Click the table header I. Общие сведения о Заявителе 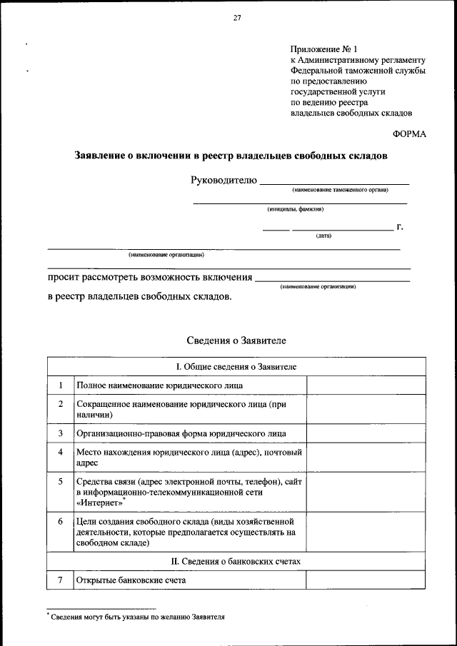(236, 366)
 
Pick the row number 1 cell (61, 385)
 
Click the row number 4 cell (61, 453)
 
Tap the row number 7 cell (61, 580)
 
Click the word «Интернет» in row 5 (99, 503)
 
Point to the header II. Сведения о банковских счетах (236, 562)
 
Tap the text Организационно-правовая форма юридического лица (181, 433)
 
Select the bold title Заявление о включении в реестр (231, 155)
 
